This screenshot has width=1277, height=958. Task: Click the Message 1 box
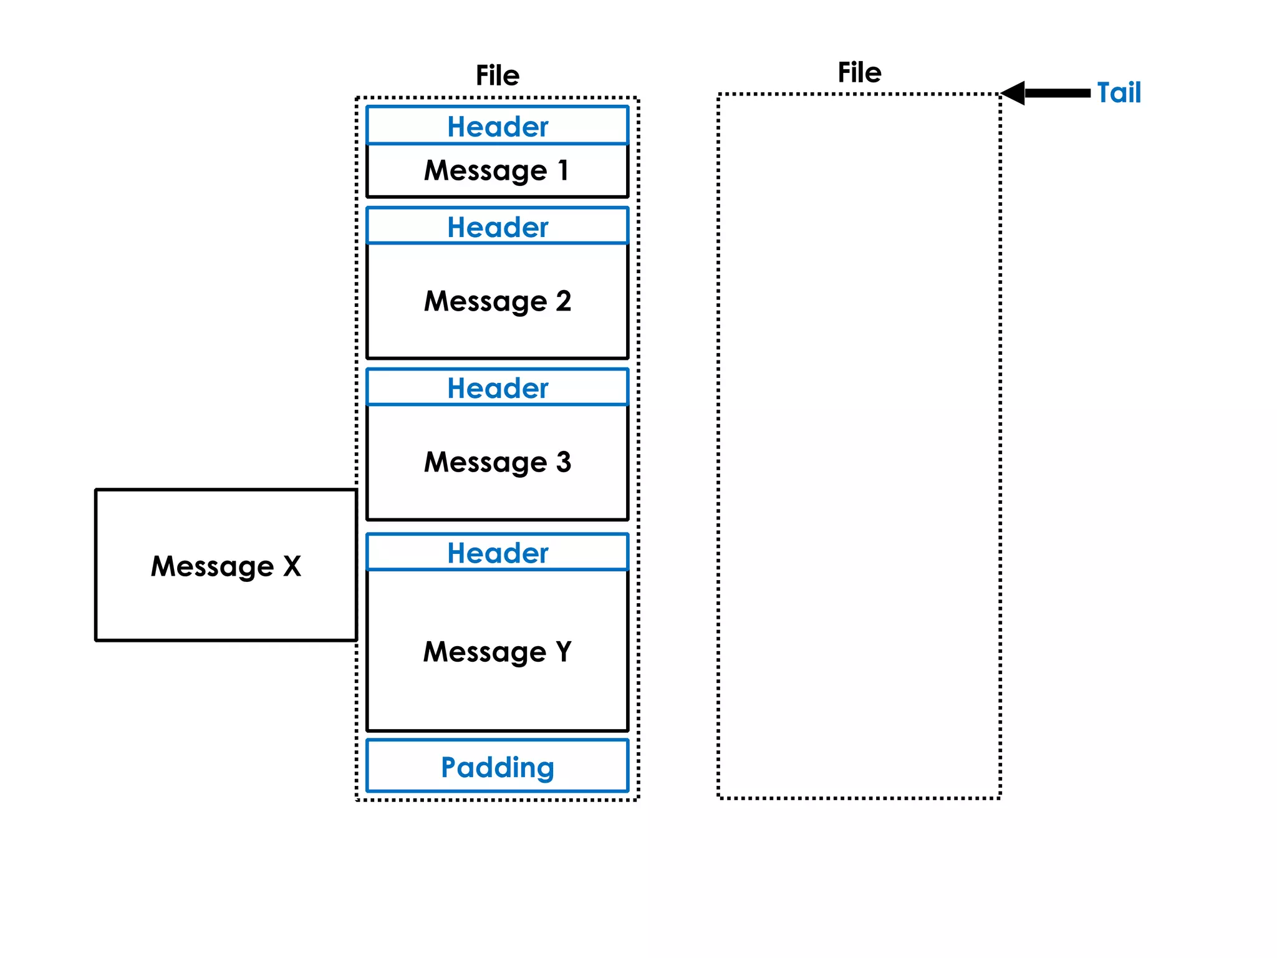click(x=497, y=171)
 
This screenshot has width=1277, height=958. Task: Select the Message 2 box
click(x=497, y=301)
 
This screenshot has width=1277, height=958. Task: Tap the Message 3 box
click(x=497, y=462)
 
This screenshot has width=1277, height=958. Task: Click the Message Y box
click(x=497, y=652)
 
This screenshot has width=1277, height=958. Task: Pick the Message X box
click(x=226, y=565)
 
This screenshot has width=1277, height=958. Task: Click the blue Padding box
click(x=497, y=767)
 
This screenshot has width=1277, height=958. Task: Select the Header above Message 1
click(x=497, y=126)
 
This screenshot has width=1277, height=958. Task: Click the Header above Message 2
click(x=497, y=226)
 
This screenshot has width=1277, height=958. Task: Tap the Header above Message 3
click(x=497, y=388)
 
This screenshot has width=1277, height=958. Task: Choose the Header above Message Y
click(x=497, y=553)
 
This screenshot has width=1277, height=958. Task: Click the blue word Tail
click(x=1119, y=93)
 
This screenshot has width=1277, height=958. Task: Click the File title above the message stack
click(x=497, y=75)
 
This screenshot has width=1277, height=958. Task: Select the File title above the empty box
click(x=859, y=72)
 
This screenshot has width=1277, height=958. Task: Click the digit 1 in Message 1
click(x=564, y=170)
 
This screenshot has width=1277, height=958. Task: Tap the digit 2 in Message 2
click(x=564, y=301)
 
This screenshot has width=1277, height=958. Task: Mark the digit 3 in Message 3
click(x=564, y=462)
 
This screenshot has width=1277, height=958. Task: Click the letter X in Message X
click(x=292, y=566)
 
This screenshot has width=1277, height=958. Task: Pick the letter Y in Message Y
click(x=564, y=651)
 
